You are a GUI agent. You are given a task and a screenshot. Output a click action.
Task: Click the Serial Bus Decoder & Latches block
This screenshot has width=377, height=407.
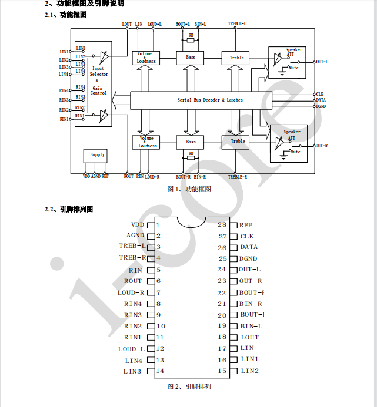(210, 100)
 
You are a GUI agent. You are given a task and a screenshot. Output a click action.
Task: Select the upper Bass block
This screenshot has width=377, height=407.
(191, 58)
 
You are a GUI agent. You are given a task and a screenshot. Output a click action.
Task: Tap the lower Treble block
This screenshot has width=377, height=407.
(238, 142)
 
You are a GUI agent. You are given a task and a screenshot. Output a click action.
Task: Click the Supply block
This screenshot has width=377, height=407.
(98, 155)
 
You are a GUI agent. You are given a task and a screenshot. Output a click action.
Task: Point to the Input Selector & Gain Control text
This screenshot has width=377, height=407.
(98, 81)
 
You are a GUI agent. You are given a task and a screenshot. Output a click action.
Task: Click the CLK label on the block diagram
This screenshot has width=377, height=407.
(320, 94)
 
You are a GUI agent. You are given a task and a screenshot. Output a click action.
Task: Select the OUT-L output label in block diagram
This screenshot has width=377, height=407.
(322, 62)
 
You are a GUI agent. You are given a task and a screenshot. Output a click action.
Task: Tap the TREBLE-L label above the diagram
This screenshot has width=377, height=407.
(237, 24)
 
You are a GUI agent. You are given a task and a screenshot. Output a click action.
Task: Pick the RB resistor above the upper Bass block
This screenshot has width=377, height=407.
(191, 36)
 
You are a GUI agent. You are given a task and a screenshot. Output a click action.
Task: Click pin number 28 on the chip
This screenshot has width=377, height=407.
(222, 224)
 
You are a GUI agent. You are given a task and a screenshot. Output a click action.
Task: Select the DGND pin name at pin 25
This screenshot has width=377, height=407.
(248, 258)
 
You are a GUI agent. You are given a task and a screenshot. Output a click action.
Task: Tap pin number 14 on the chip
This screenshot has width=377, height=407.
(160, 371)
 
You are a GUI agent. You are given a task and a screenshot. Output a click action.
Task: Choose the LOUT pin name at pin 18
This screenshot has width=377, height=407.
(249, 337)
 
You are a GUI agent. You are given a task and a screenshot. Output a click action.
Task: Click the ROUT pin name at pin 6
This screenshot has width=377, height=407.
(133, 281)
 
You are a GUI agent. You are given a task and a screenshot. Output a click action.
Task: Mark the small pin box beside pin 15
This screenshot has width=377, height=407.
(233, 371)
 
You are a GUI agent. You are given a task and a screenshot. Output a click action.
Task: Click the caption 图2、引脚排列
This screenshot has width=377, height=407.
(189, 386)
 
